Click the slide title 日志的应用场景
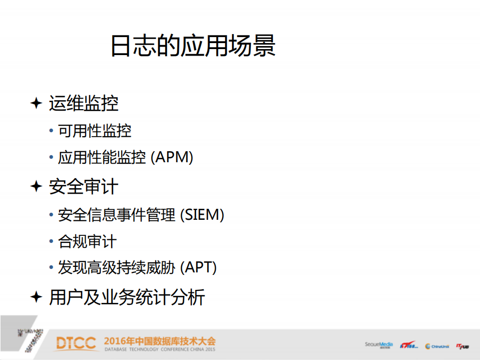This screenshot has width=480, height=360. coord(193,47)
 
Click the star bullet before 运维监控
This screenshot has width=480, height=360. coord(36,103)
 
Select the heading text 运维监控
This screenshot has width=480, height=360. coord(84,104)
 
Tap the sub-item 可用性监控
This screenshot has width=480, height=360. coord(95,131)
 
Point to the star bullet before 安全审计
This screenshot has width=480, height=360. coord(36,187)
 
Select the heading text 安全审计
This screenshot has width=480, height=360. coord(84,187)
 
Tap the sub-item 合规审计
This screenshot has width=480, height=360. coord(87,242)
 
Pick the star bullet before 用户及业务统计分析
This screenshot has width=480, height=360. coord(36,297)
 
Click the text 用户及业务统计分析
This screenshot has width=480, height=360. coord(127,297)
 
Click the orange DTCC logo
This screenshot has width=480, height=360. coord(76,343)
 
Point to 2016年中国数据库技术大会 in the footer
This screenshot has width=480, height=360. coord(160,341)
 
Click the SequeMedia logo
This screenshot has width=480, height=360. coord(379,345)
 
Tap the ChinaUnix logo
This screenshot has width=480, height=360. coord(437,346)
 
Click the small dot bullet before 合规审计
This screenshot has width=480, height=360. coord(51,242)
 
